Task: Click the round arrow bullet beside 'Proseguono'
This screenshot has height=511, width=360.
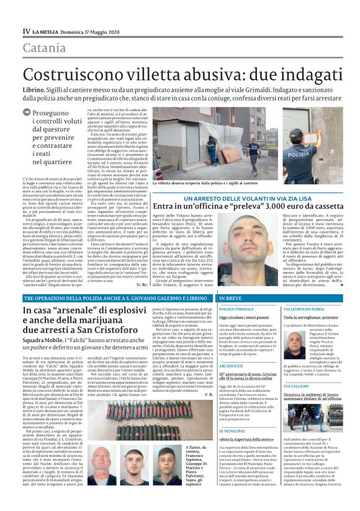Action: pos(26,112)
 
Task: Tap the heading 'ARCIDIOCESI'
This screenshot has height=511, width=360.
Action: pos(232,366)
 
